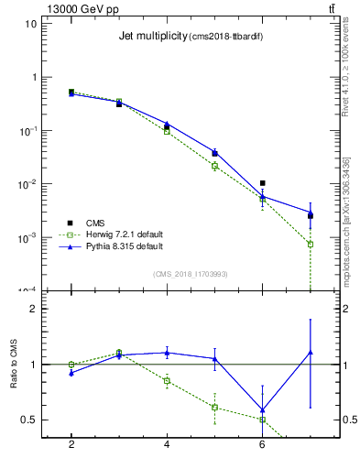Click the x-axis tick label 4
pyautogui.click(x=167, y=444)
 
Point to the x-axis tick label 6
pyautogui.click(x=262, y=444)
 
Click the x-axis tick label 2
pyautogui.click(x=71, y=444)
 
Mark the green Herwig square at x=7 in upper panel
pyautogui.click(x=311, y=245)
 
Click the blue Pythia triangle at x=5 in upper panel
pyautogui.click(x=214, y=151)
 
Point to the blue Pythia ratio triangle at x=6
pyautogui.click(x=262, y=410)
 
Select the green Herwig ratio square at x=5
pyautogui.click(x=214, y=407)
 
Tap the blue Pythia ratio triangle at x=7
pyautogui.click(x=311, y=352)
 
